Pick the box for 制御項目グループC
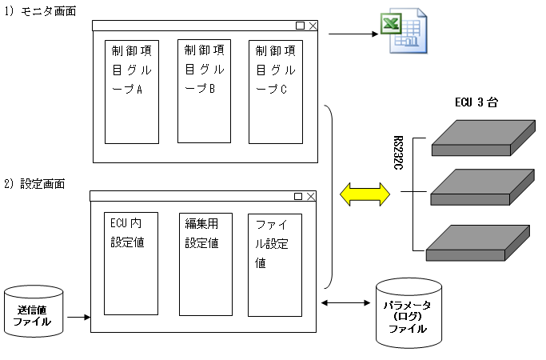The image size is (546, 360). click(x=275, y=90)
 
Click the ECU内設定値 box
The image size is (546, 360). click(x=132, y=263)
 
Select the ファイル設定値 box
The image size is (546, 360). click(x=274, y=265)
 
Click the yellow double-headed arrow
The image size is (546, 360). click(x=364, y=194)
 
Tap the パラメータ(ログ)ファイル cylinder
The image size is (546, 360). click(x=409, y=313)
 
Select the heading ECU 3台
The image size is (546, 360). click(x=482, y=102)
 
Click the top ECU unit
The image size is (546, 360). click(x=481, y=138)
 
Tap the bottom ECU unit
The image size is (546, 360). click(x=478, y=243)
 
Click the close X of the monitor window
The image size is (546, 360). click(x=313, y=26)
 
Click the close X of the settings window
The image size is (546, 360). click(x=311, y=196)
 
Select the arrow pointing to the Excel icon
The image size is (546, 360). click(x=353, y=35)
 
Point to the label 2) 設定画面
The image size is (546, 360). click(x=45, y=183)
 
